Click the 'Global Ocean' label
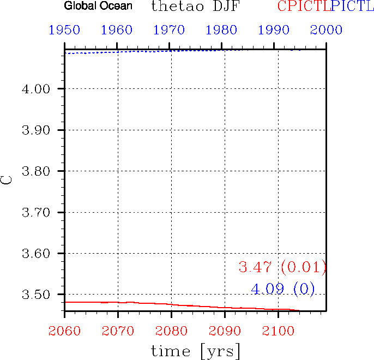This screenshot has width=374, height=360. tap(98, 7)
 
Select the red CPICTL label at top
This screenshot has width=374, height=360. tap(301, 7)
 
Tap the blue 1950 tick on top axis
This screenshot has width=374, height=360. tap(64, 29)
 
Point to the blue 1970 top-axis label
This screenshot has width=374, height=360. tap(170, 29)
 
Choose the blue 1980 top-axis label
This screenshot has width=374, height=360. tap(222, 29)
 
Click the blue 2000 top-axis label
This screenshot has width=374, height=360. tap(326, 29)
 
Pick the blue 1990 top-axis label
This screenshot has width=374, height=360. tap(274, 29)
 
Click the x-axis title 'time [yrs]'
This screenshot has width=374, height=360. tap(195, 350)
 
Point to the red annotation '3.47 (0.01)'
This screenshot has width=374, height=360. tap(282, 267)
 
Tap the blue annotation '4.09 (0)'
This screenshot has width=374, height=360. tap(282, 289)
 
